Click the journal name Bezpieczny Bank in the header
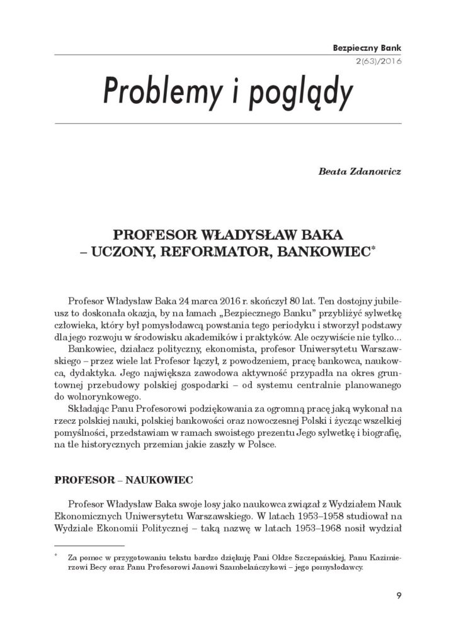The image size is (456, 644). coord(369,47)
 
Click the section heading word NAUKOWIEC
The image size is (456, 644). coord(159,479)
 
